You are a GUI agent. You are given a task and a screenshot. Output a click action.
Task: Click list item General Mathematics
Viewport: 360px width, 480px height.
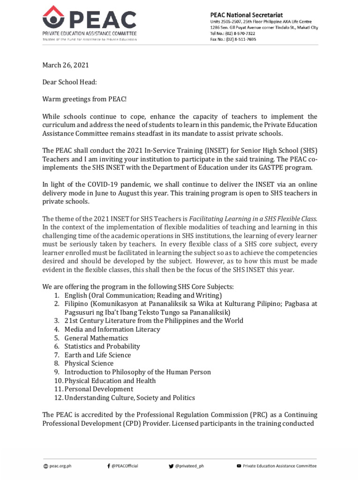tap(96, 337)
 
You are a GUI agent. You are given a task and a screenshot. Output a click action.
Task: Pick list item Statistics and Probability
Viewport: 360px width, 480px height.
tap(102, 346)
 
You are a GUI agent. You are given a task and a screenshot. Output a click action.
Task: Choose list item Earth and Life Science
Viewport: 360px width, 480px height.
tap(97, 354)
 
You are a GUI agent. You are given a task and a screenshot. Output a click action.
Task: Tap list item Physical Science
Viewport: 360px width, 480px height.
tap(89, 363)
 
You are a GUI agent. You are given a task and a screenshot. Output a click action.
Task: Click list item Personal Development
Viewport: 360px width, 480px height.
tap(99, 389)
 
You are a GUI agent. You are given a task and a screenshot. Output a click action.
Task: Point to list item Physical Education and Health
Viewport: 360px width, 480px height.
tap(110, 380)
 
